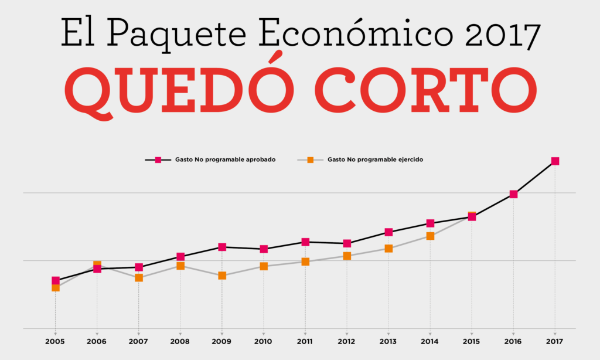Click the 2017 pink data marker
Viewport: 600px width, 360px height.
point(555,161)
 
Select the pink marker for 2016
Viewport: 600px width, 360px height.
point(513,194)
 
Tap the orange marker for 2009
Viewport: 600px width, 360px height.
point(222,276)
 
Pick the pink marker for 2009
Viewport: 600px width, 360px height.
point(222,247)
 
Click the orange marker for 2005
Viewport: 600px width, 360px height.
point(56,288)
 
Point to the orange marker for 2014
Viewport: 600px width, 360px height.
point(430,236)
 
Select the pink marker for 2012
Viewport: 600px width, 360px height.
point(347,243)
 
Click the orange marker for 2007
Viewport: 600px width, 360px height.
point(139,277)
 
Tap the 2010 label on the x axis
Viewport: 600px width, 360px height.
point(264,341)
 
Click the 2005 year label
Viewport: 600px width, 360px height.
point(56,341)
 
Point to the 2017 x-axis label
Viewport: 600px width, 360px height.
point(555,341)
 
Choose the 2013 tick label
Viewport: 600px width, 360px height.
point(388,341)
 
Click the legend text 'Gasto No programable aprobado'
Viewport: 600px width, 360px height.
point(225,159)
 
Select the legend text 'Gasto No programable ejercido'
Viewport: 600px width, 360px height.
point(375,159)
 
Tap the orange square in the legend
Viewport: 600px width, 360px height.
point(311,159)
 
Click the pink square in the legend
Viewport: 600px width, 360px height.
point(158,159)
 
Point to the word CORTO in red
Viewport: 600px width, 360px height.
point(426,91)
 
